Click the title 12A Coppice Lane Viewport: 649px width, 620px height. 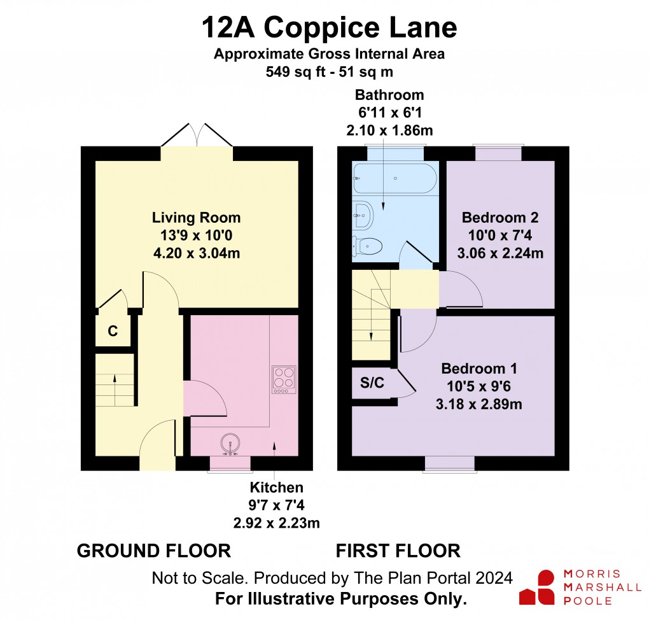[329, 28]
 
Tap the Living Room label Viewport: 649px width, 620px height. [196, 218]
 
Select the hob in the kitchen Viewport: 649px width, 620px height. [284, 379]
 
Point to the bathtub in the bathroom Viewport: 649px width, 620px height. [394, 179]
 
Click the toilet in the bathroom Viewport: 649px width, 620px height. [368, 245]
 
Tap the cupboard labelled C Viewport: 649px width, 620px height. [113, 331]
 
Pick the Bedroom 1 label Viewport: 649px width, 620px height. [479, 369]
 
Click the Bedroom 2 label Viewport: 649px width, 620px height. [500, 218]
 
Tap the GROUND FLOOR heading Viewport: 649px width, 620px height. [153, 551]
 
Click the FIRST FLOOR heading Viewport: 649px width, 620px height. [398, 551]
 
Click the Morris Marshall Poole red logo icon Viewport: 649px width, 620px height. [537, 588]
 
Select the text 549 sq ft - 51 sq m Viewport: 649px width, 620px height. [329, 71]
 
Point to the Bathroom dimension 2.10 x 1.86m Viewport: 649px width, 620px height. [389, 130]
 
